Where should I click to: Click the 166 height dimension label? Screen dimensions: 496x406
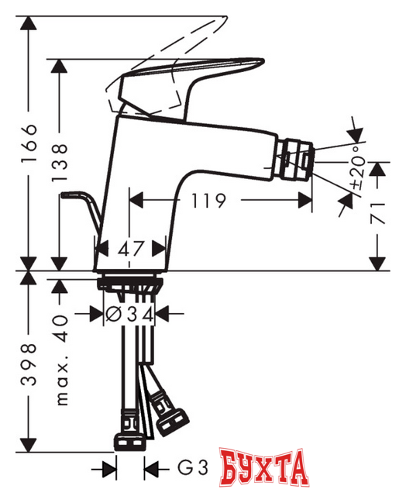[x=27, y=141]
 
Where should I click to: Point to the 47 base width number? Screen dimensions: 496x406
[x=131, y=250]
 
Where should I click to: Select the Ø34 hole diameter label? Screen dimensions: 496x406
[x=131, y=314]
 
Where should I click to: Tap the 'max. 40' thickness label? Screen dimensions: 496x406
[x=62, y=365]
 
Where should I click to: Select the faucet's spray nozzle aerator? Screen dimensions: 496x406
[x=298, y=159]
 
